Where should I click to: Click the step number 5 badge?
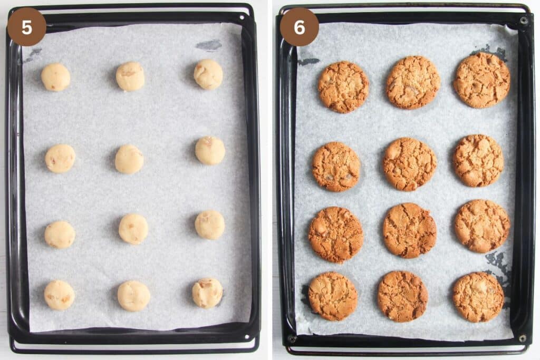(26, 27)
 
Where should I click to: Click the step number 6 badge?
(299, 27)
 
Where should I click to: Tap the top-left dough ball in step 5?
(55, 77)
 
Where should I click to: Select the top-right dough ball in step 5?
(208, 74)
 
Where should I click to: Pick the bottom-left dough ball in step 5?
(59, 295)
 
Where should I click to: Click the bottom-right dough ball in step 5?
(207, 293)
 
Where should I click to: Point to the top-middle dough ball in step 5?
(130, 76)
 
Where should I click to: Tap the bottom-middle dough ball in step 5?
(133, 296)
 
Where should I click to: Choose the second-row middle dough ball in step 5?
(129, 159)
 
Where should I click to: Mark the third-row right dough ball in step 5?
(210, 225)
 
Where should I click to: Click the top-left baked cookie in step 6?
(343, 87)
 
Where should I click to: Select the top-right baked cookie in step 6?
(481, 80)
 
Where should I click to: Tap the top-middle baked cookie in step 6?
(413, 82)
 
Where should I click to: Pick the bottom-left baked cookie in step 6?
(333, 296)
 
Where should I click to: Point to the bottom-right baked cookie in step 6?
(478, 297)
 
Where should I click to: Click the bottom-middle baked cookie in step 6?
(402, 296)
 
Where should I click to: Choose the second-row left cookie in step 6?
(336, 167)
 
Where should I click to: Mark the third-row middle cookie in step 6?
(410, 230)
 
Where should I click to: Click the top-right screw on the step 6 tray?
(524, 21)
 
